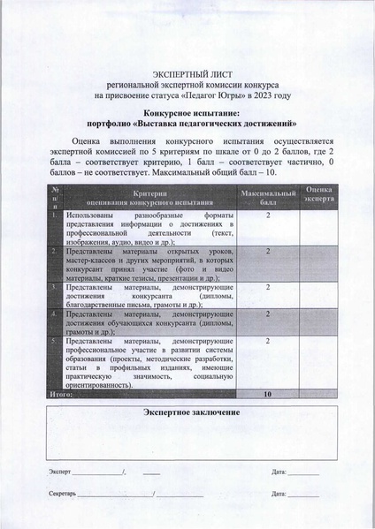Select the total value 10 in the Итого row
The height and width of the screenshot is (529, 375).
click(x=267, y=394)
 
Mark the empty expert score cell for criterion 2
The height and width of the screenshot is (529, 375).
click(x=319, y=263)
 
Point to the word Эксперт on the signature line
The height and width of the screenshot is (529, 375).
click(x=60, y=472)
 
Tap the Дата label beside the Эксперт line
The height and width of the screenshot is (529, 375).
click(x=280, y=472)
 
